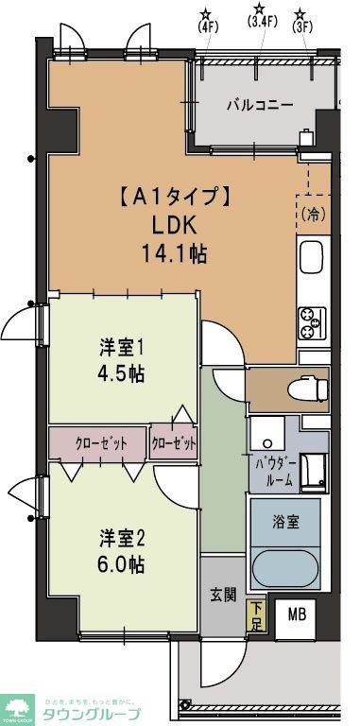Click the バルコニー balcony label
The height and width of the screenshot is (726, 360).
click(258, 104)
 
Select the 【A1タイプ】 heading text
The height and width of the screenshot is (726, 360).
click(173, 198)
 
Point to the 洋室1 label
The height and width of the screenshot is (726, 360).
click(123, 347)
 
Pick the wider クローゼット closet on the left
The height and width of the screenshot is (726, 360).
click(97, 442)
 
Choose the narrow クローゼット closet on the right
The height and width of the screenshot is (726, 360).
click(174, 442)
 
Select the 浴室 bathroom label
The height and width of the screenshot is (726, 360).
click(286, 521)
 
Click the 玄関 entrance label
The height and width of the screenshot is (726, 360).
click(222, 596)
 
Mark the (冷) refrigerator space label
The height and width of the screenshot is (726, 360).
click(313, 215)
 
